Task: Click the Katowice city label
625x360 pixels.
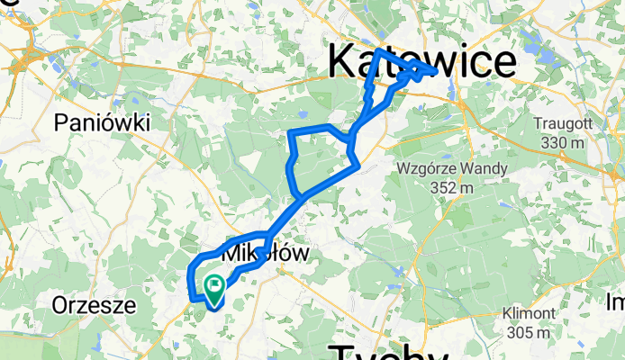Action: pyautogui.click(x=421, y=61)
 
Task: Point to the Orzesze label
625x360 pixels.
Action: pyautogui.click(x=94, y=305)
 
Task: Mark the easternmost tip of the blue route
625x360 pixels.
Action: pyautogui.click(x=438, y=71)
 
